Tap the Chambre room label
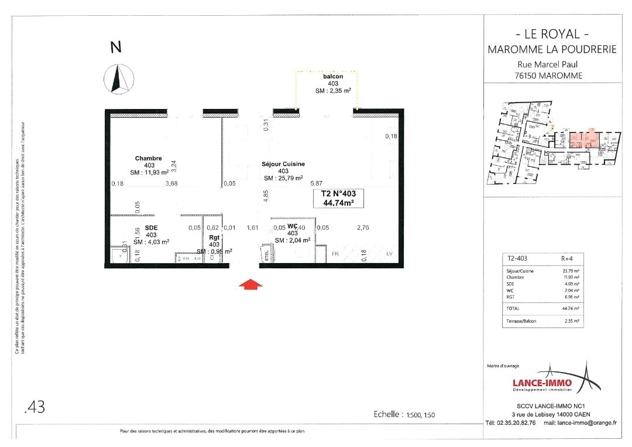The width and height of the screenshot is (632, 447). pos(148,158)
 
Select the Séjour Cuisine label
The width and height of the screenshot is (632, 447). pos(283,164)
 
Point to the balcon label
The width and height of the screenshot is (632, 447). pos(332,77)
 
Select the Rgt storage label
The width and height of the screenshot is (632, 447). pos(214,237)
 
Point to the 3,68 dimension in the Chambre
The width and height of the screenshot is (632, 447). pos(172,183)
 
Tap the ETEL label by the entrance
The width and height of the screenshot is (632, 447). pos(266,255)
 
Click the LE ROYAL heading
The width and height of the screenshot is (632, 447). pos(552,34)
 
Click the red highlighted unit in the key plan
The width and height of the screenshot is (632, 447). pos(582,140)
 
